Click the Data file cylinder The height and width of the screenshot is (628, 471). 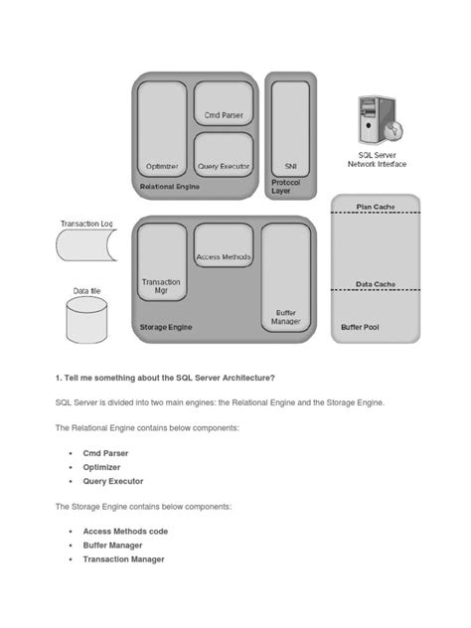point(86,317)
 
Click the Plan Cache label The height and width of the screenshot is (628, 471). point(376,207)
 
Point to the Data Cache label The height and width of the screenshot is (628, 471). point(376,284)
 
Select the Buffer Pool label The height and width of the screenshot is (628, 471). point(360,327)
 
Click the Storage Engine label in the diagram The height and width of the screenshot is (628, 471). point(166,327)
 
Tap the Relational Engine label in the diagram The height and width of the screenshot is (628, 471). point(170,186)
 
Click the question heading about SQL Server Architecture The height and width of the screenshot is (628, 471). point(165,377)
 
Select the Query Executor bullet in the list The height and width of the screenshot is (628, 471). point(112,481)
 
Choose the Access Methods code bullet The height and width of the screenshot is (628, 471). point(125,531)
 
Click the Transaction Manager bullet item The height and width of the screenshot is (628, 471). point(123,558)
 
